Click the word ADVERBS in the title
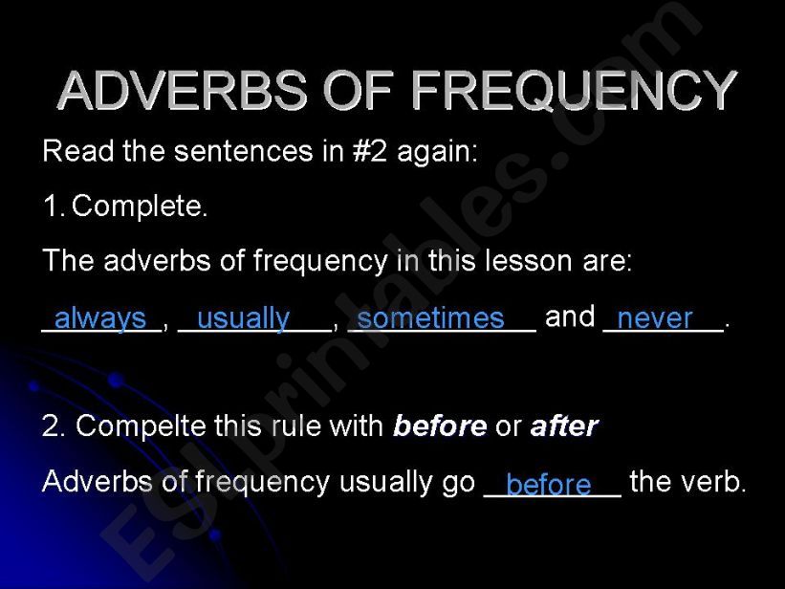click(183, 90)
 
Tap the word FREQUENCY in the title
click(575, 90)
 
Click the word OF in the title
click(359, 90)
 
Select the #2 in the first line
click(370, 151)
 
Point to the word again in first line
click(438, 153)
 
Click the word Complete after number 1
click(140, 207)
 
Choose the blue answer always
click(100, 319)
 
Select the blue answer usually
click(243, 319)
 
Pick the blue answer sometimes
click(430, 318)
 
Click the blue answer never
click(655, 319)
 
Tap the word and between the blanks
click(570, 316)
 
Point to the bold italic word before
click(440, 426)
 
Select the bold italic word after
click(565, 426)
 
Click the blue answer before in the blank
click(549, 485)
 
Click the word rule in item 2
click(288, 426)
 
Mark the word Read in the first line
click(78, 151)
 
